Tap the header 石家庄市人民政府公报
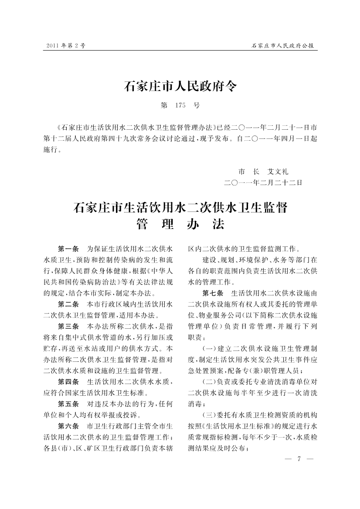click(x=284, y=45)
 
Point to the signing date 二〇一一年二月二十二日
click(x=263, y=182)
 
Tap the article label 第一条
click(x=68, y=249)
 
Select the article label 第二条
click(x=68, y=303)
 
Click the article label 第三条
click(x=68, y=326)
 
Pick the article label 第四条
click(x=68, y=381)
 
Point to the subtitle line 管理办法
click(x=180, y=224)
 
